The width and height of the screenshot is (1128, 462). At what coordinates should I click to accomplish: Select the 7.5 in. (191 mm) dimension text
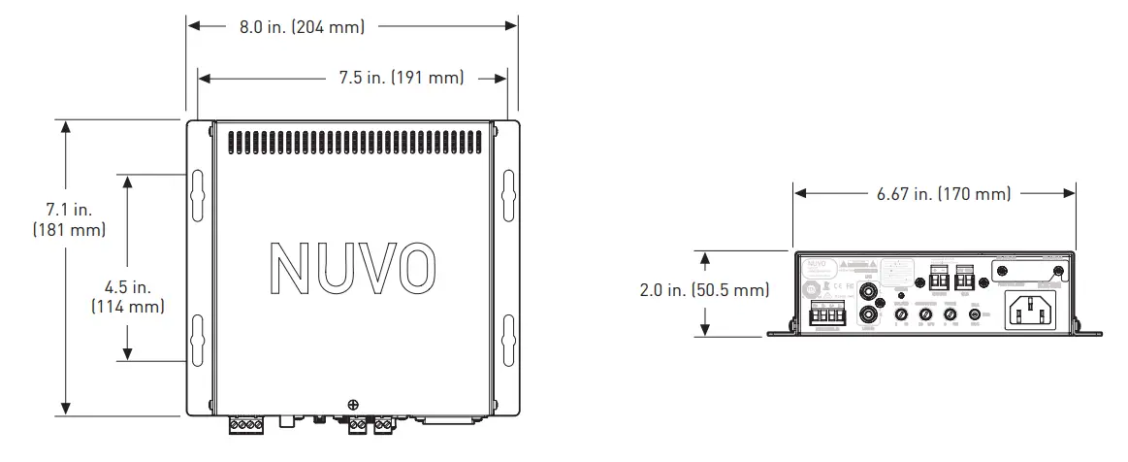402,78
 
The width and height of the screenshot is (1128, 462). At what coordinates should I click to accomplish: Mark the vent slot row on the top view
352,143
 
